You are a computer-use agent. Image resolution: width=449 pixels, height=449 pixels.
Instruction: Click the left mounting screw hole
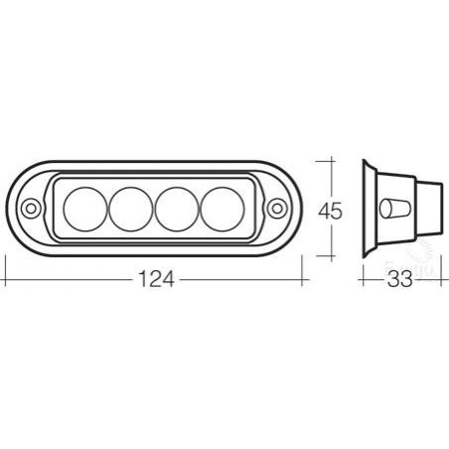pos(32,209)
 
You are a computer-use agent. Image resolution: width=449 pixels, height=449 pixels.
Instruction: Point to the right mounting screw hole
pos(278,209)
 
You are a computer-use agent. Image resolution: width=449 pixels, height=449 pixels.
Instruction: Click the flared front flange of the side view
pos(369,209)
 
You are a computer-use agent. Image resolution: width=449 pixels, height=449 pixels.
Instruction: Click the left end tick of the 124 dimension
pos(6,280)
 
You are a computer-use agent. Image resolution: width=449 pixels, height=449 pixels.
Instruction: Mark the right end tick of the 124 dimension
pos(305,280)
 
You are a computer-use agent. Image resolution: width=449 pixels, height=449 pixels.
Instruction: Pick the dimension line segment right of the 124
pos(238,280)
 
